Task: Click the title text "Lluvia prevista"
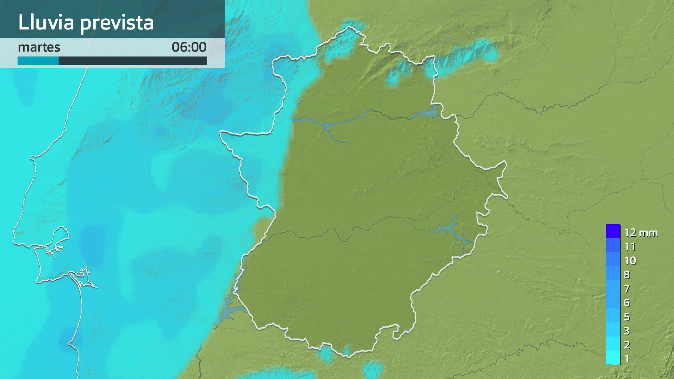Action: coord(86,22)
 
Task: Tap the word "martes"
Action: coord(39,47)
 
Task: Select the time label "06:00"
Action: coord(189,47)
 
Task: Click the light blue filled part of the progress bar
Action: coord(38,61)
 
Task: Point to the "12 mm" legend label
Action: coord(641,233)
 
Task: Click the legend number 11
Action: coord(630,247)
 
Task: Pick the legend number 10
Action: coord(630,261)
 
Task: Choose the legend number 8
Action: coord(627,275)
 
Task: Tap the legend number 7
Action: coord(627,289)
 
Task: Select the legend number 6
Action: coord(627,303)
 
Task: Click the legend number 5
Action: coord(627,317)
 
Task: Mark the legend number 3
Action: coord(627,331)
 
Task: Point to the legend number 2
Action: coord(627,345)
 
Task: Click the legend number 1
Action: coord(627,359)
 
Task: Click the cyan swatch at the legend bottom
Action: coord(613,358)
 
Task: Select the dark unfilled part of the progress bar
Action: coord(133,61)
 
